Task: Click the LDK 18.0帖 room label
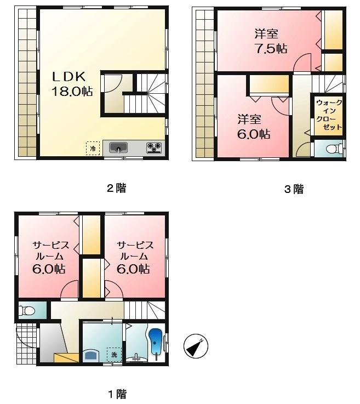pos(71,84)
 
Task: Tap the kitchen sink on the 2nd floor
pos(119,147)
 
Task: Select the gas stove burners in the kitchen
pos(154,147)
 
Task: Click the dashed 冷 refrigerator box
pos(93,148)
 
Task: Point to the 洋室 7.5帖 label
pos(271,41)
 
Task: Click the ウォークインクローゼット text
pos(328,115)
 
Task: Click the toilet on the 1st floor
pos(26,311)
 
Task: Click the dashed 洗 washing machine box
pos(114,355)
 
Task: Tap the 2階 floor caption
pos(116,188)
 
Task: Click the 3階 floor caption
pos(293,190)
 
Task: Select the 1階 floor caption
pos(116,394)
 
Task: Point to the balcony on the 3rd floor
pos(204,82)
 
